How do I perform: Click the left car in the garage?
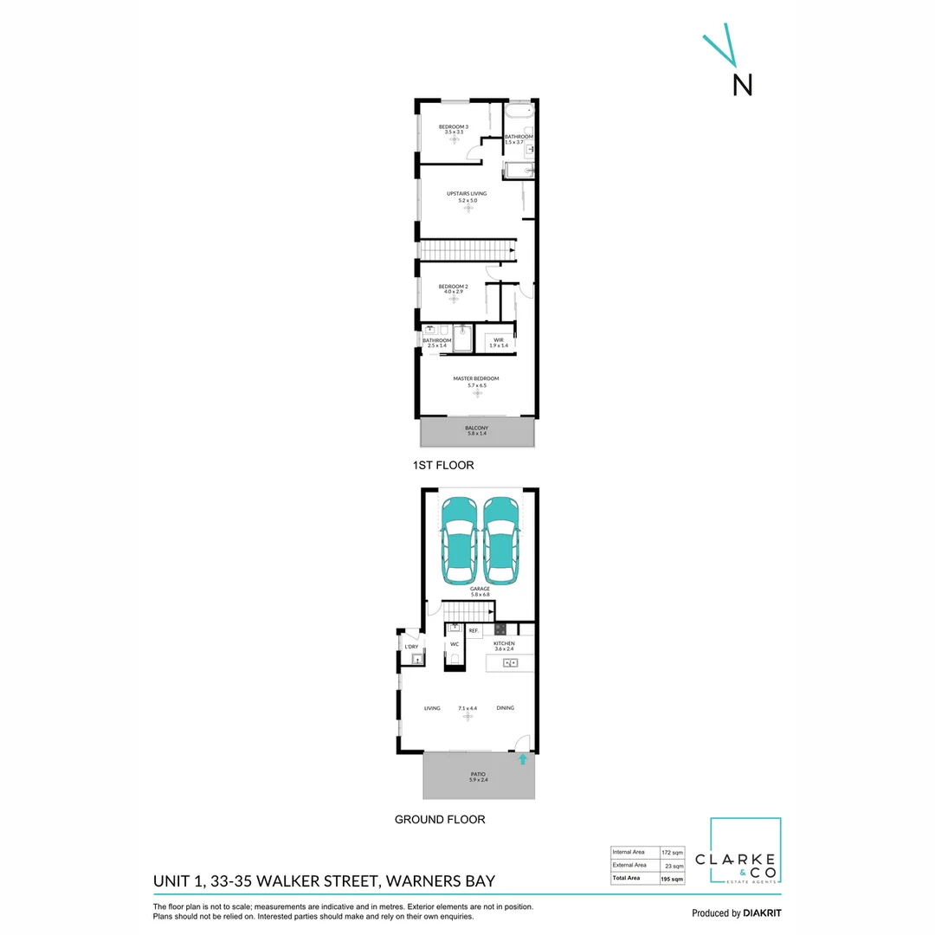pos(459,540)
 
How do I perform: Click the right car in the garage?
pos(501,540)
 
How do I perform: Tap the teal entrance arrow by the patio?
pos(523,760)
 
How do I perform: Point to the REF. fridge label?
pos(474,631)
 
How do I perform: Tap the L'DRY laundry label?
pos(412,647)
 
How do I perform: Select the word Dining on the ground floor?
pos(506,708)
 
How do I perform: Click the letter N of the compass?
pos(743,84)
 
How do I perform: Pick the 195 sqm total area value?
pos(672,879)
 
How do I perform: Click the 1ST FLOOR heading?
pos(443,466)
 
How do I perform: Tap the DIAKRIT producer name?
pos(762,913)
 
